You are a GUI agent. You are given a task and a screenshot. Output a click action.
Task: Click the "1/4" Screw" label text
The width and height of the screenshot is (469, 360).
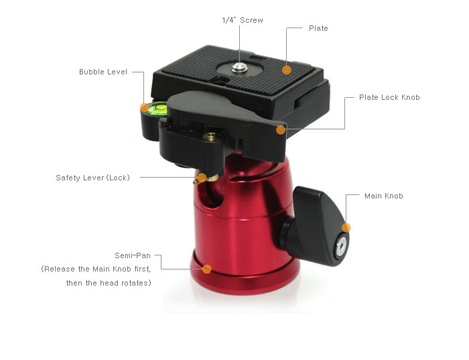[243, 20]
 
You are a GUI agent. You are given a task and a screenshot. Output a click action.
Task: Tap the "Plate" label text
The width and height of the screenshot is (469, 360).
[318, 28]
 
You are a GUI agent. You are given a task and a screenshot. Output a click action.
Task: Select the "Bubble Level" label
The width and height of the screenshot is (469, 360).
[103, 72]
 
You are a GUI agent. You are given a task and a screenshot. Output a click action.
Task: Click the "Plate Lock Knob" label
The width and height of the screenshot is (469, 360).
[389, 97]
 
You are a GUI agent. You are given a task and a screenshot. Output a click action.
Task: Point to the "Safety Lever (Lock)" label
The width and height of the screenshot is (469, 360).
[92, 178]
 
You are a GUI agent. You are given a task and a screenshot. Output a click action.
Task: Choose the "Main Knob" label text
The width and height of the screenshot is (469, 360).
[383, 196]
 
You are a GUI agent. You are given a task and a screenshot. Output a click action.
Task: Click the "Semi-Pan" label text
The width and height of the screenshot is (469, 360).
[133, 255]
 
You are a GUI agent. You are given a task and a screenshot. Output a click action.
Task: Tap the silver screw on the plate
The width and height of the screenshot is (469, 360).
[239, 67]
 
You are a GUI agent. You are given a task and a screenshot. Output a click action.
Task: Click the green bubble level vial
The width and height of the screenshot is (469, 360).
[157, 109]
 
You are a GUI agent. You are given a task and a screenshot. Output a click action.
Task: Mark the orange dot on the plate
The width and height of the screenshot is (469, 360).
[287, 70]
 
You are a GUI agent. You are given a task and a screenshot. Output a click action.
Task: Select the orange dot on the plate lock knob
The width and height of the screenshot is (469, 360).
[281, 130]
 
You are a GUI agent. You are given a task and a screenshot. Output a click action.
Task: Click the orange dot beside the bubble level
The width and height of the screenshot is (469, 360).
[145, 107]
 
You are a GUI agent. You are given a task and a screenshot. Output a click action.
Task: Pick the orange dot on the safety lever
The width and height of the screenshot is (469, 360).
[202, 178]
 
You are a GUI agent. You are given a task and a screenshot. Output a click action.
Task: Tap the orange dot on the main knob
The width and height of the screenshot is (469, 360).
[346, 227]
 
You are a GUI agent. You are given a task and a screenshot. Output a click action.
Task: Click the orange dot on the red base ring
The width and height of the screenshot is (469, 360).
[206, 269]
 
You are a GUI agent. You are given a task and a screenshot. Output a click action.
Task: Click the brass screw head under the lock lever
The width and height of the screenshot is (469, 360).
[210, 137]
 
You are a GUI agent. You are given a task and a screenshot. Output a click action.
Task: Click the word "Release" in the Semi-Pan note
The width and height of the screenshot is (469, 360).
[60, 269]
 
